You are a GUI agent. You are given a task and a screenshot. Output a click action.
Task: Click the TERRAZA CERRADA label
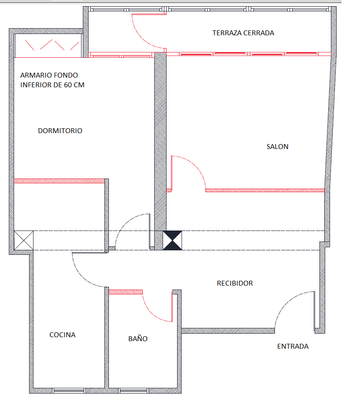(x=243, y=33)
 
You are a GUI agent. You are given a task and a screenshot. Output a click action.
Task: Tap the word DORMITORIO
(x=60, y=131)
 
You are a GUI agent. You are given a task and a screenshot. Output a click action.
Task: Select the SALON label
(x=277, y=147)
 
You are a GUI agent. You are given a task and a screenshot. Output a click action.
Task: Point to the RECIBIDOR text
(x=235, y=283)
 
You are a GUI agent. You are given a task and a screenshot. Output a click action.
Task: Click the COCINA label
(x=63, y=335)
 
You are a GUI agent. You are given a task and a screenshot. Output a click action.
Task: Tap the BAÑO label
(x=138, y=338)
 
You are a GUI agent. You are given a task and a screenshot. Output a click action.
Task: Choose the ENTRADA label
(x=293, y=346)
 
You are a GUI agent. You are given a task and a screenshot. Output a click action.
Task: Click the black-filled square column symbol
(x=172, y=240)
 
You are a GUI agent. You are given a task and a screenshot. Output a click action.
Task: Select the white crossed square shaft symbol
(x=24, y=240)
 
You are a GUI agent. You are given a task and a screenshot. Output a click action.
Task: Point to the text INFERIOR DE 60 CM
(x=52, y=85)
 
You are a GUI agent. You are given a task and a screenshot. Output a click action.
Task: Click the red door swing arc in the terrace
(x=141, y=37)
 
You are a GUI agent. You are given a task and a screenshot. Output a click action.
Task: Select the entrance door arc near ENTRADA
(x=287, y=301)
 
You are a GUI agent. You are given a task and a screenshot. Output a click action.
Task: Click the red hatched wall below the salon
(x=265, y=190)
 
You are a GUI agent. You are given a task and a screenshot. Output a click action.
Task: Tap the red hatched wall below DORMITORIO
(x=59, y=181)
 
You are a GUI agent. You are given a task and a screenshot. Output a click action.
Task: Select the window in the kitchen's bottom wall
(x=69, y=391)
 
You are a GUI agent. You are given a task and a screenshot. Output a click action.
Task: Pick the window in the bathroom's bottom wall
(x=134, y=391)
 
